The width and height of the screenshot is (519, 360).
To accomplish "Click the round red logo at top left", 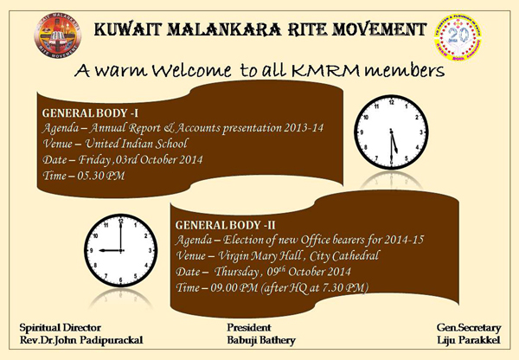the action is click(x=58, y=35).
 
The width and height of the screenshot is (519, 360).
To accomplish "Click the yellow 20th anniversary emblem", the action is click(x=458, y=37).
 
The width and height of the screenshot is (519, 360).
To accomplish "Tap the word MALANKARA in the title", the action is click(x=226, y=29).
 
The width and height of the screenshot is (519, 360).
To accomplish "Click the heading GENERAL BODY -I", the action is click(x=90, y=113).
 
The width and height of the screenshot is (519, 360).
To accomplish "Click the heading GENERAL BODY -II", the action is click(x=226, y=225).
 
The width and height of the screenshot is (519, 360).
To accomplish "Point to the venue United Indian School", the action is click(x=137, y=144).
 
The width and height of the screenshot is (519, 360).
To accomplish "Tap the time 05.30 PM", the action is click(x=101, y=175).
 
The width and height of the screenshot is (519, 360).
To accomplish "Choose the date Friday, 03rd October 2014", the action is click(x=140, y=159).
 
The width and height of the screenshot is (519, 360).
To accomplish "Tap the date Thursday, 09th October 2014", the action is click(x=282, y=272).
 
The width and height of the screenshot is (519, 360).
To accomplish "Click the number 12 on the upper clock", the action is click(x=391, y=102).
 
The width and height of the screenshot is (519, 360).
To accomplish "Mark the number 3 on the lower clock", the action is click(x=150, y=251).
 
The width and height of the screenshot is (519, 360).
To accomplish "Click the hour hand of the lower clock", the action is click(x=110, y=250).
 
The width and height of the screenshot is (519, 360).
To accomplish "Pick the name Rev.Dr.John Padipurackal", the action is click(x=81, y=340).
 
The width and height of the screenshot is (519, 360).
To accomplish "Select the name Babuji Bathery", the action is click(x=261, y=340).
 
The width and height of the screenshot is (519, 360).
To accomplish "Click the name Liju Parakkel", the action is click(x=468, y=340).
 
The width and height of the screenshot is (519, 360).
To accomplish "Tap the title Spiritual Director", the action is click(x=61, y=327).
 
